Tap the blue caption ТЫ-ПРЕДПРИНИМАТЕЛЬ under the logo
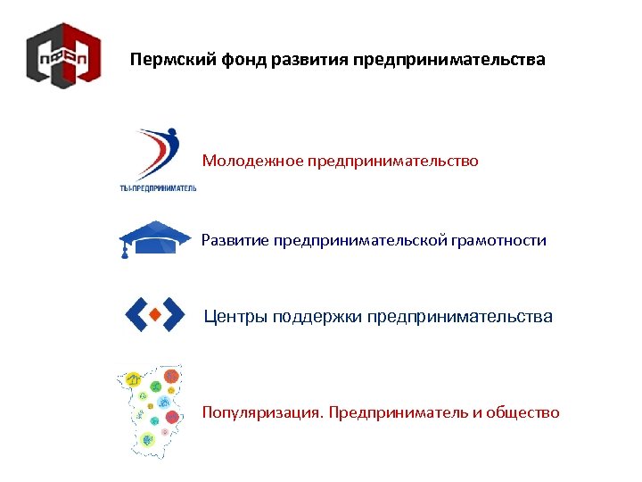158,187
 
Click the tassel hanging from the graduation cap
125,250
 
